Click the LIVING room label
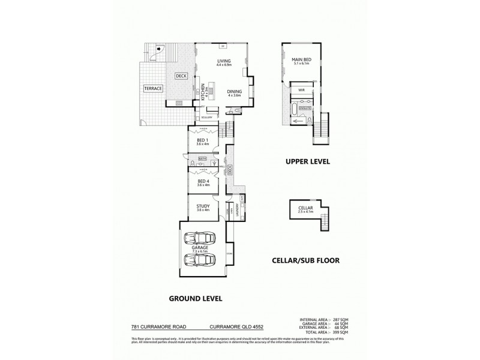223,61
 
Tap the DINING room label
234,92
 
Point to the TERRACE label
152,88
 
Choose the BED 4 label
203,181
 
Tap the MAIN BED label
301,60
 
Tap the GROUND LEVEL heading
196,298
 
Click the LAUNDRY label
238,210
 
